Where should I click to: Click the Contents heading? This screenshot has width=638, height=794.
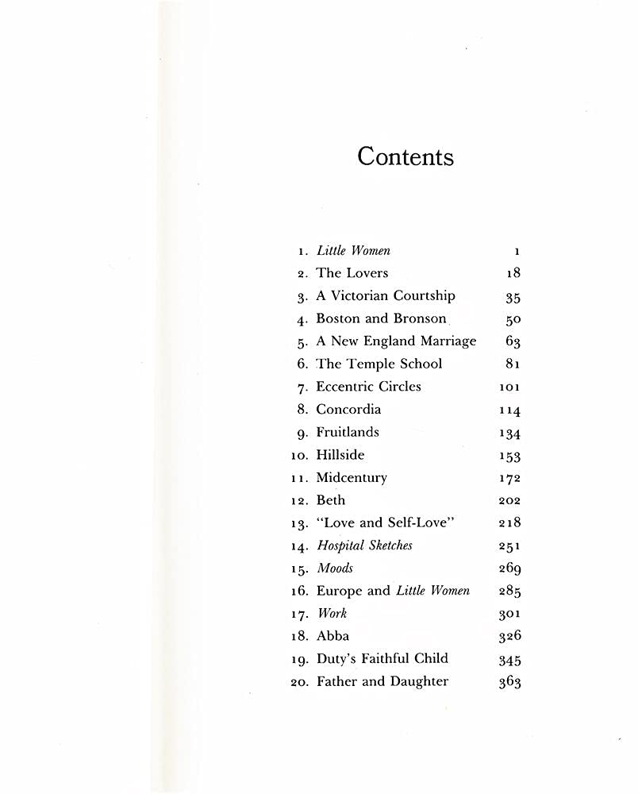tap(405, 156)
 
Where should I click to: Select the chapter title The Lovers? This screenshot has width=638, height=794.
tap(352, 273)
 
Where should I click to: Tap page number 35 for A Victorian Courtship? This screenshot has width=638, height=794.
tap(513, 297)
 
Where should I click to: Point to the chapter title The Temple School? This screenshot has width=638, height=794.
tap(379, 364)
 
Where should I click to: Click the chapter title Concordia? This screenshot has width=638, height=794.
tap(348, 410)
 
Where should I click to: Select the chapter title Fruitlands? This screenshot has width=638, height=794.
tap(348, 432)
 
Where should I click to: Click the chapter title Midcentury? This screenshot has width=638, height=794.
tap(352, 478)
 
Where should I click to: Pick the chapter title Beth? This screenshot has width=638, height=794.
tap(331, 500)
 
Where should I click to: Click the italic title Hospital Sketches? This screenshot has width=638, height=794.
tap(364, 545)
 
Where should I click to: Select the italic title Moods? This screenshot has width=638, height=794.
tap(335, 569)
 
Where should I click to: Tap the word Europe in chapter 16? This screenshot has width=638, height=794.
tap(341, 591)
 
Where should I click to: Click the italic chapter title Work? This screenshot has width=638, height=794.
tap(332, 614)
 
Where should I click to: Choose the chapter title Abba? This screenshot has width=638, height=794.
tap(332, 636)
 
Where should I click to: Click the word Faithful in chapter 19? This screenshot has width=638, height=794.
tap(383, 658)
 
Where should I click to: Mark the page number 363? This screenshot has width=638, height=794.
tap(509, 682)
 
